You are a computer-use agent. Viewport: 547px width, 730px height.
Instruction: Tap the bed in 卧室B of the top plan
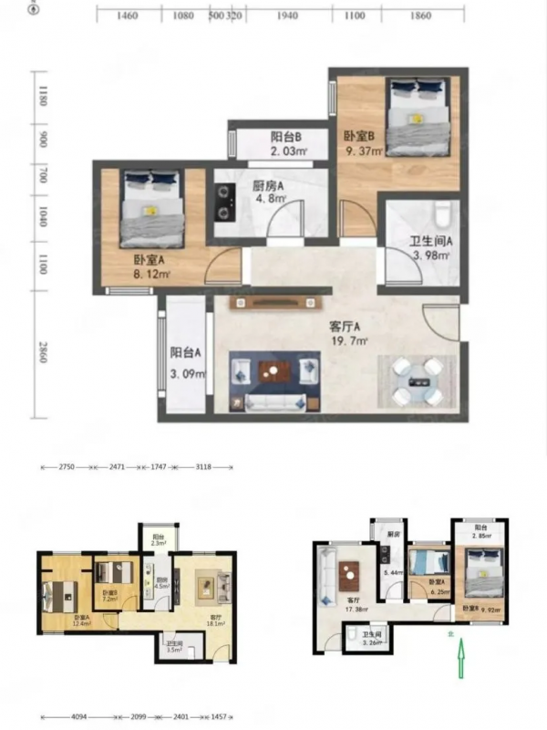pyautogui.click(x=417, y=116)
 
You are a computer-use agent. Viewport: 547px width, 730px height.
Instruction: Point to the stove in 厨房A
pyautogui.click(x=222, y=204)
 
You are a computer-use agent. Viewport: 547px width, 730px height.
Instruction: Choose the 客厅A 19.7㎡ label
pyautogui.click(x=348, y=334)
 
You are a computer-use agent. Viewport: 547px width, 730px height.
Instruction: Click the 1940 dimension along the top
pyautogui.click(x=287, y=16)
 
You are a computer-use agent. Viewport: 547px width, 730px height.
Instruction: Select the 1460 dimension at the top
pyautogui.click(x=128, y=16)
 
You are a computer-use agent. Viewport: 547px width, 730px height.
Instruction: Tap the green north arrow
pyautogui.click(x=462, y=659)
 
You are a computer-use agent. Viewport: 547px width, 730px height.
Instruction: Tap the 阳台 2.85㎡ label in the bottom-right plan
pyautogui.click(x=480, y=532)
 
